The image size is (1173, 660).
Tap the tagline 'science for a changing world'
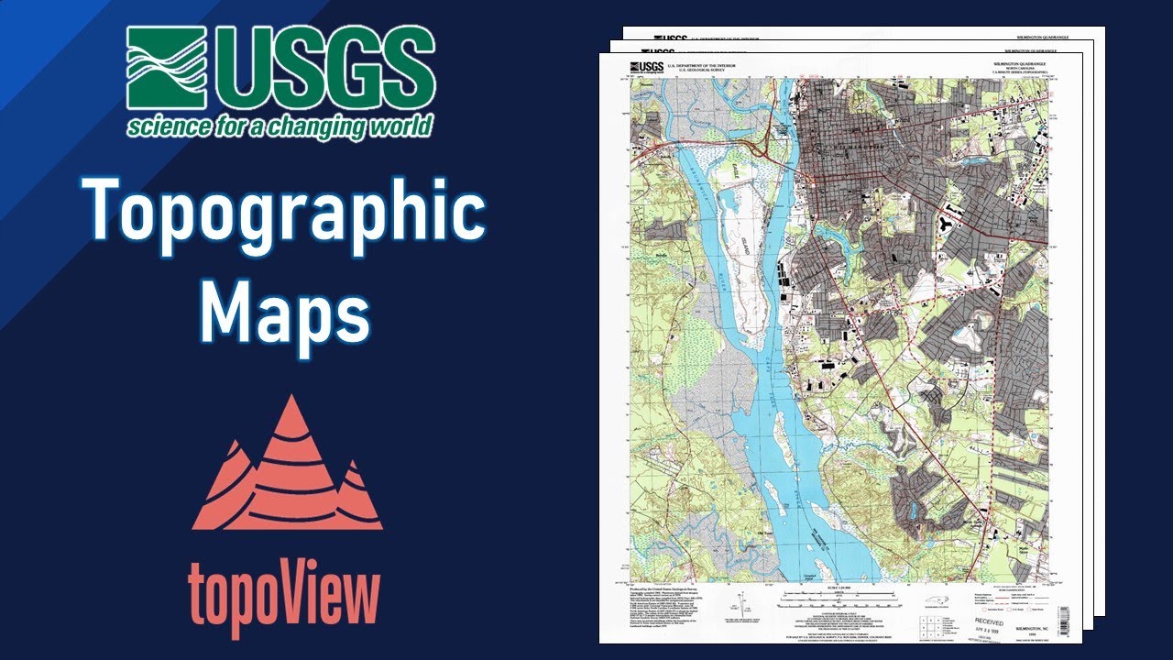(x=280, y=126)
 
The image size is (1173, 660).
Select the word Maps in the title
(x=285, y=312)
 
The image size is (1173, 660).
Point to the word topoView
(x=283, y=596)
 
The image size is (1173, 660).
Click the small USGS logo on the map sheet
(x=647, y=66)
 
